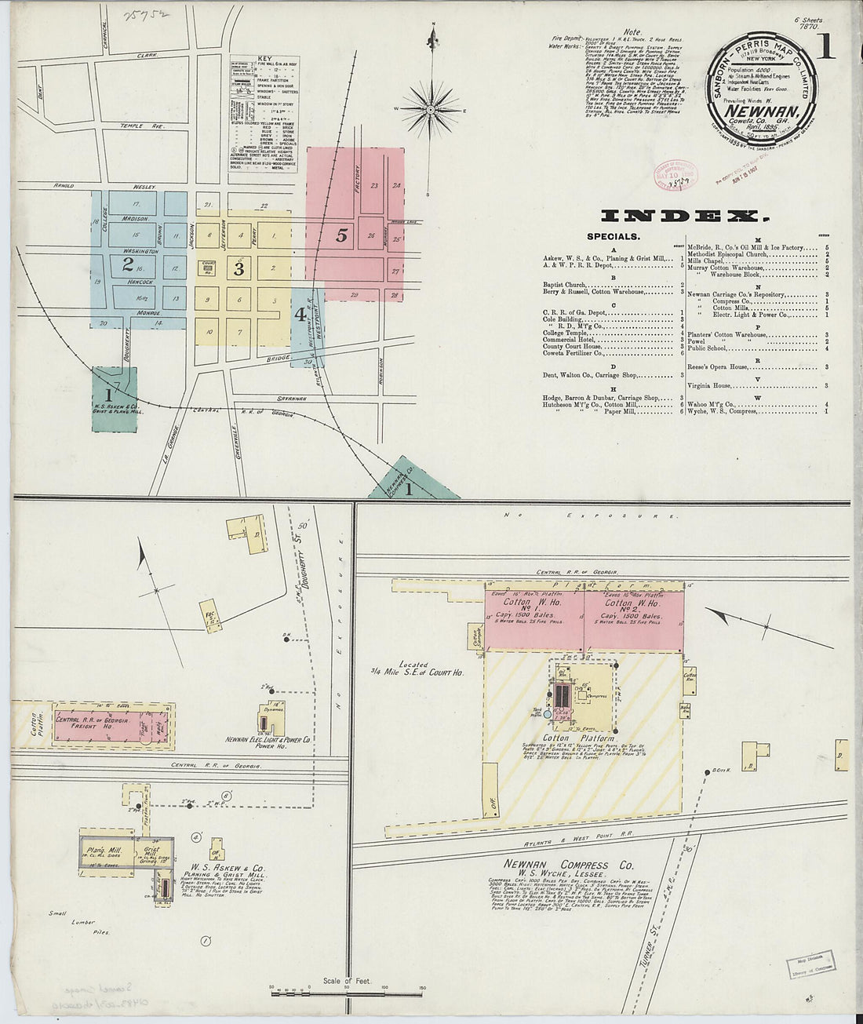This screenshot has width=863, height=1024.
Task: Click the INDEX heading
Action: pos(681,216)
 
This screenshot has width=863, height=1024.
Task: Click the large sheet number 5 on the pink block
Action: pos(341,235)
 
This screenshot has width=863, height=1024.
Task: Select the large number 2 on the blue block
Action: pos(128,264)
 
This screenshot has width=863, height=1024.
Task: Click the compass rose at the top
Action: pos(431,109)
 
